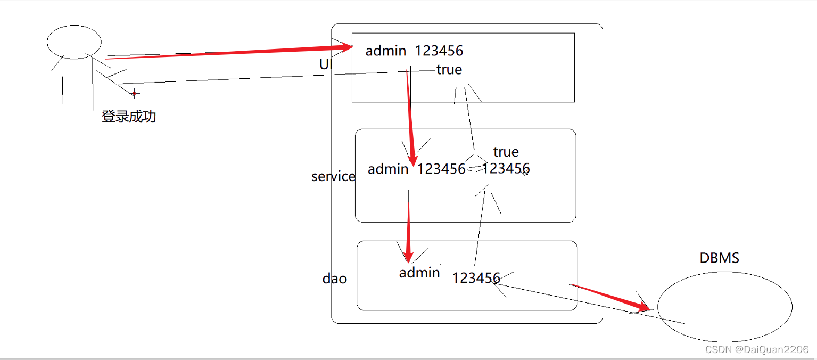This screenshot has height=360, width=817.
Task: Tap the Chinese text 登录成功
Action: [x=129, y=116]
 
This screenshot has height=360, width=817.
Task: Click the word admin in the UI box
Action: [x=386, y=51]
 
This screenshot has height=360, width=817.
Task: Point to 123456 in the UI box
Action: [x=439, y=51]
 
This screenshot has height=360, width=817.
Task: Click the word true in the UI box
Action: [x=449, y=70]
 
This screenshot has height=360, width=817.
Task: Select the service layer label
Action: [x=333, y=176]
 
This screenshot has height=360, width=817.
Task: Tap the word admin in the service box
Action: [x=388, y=169]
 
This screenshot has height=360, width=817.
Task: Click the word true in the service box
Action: [x=506, y=152]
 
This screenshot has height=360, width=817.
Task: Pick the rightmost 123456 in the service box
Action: [x=506, y=168]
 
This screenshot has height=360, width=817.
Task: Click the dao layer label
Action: [x=335, y=279]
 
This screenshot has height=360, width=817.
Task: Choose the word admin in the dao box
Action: [x=419, y=273]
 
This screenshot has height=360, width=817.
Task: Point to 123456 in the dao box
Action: [x=476, y=278]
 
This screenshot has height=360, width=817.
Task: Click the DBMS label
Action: [x=719, y=258]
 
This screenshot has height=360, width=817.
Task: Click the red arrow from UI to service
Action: [x=409, y=117]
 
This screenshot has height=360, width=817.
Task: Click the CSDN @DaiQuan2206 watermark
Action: [x=756, y=350]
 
